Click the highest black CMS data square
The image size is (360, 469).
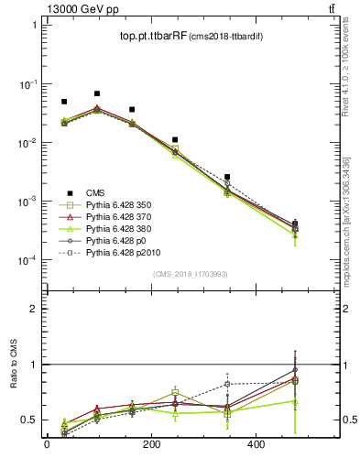[x=97, y=93]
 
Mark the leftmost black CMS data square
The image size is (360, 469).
[x=64, y=102]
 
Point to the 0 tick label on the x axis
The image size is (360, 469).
[x=47, y=445]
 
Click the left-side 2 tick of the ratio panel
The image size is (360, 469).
[x=33, y=309]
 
